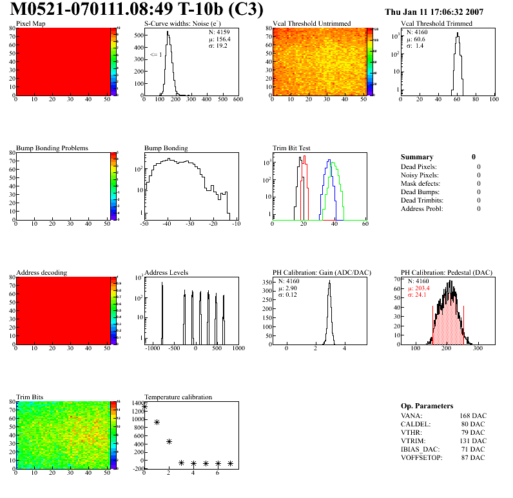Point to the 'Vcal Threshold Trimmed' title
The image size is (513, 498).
click(x=436, y=24)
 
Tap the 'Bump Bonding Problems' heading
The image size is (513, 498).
click(x=52, y=148)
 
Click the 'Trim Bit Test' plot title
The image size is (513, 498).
click(x=292, y=148)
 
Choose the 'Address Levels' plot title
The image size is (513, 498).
click(x=166, y=273)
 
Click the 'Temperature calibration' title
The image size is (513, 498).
click(x=178, y=397)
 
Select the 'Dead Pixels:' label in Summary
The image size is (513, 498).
click(x=419, y=167)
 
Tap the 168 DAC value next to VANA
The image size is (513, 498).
click(x=473, y=416)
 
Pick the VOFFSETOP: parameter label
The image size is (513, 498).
click(x=421, y=458)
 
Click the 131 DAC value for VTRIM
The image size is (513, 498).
click(x=473, y=441)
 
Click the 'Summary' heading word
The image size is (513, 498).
click(x=417, y=157)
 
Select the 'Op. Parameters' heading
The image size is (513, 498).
click(x=427, y=406)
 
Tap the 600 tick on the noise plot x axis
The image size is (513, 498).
click(x=237, y=100)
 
